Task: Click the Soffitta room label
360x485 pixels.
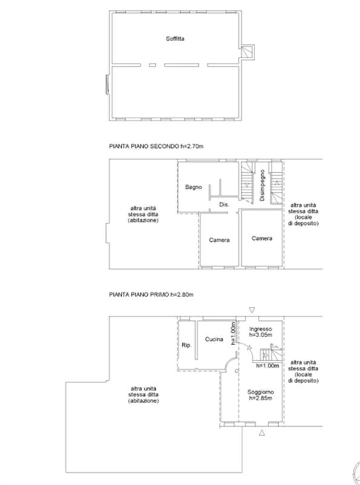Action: tap(175, 39)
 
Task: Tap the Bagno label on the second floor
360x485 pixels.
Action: tap(193, 187)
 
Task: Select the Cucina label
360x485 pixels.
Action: tap(214, 339)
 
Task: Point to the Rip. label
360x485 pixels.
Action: tap(186, 345)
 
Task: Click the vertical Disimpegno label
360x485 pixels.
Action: tap(262, 185)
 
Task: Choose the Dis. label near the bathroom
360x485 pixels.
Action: tap(224, 204)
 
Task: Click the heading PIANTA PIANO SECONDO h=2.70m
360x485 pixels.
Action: tap(156, 146)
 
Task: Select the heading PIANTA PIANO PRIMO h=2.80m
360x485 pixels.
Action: tap(152, 295)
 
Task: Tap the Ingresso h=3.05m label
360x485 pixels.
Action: tap(261, 332)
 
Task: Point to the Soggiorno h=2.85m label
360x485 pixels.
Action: tap(261, 395)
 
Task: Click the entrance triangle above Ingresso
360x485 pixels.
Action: tap(252, 310)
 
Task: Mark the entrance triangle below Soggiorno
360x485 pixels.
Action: tap(262, 433)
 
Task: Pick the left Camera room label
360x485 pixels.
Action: tap(219, 240)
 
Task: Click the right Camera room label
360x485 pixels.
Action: tap(262, 238)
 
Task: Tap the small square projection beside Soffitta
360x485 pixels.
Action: tap(248, 52)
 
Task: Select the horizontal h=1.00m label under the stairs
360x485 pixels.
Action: tap(267, 366)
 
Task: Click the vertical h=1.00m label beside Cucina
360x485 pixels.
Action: tap(234, 333)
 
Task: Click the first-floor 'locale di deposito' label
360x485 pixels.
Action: tap(303, 371)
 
